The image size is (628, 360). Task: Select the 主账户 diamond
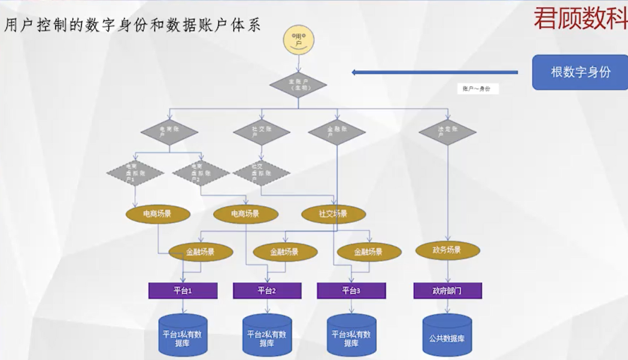tap(298, 84)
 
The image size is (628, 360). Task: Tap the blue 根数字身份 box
tap(580, 72)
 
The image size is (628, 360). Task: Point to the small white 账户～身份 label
tap(477, 89)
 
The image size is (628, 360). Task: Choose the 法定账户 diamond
tap(447, 131)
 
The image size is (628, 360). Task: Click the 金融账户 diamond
tap(336, 132)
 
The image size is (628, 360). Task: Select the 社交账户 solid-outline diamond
tap(262, 132)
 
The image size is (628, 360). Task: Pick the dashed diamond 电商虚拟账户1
tap(135, 173)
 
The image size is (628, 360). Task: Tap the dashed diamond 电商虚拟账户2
tap(201, 173)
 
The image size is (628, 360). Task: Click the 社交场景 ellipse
tap(333, 214)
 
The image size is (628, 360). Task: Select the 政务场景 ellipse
tap(447, 250)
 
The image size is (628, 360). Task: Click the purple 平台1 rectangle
tap(183, 291)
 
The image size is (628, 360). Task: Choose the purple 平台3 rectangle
tap(351, 291)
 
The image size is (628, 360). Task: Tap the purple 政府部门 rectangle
tap(447, 291)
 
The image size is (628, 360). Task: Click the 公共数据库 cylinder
tap(447, 335)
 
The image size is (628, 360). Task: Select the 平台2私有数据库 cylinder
tap(266, 337)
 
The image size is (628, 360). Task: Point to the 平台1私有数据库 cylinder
tap(183, 337)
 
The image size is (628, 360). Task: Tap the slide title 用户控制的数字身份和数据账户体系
tap(133, 25)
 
